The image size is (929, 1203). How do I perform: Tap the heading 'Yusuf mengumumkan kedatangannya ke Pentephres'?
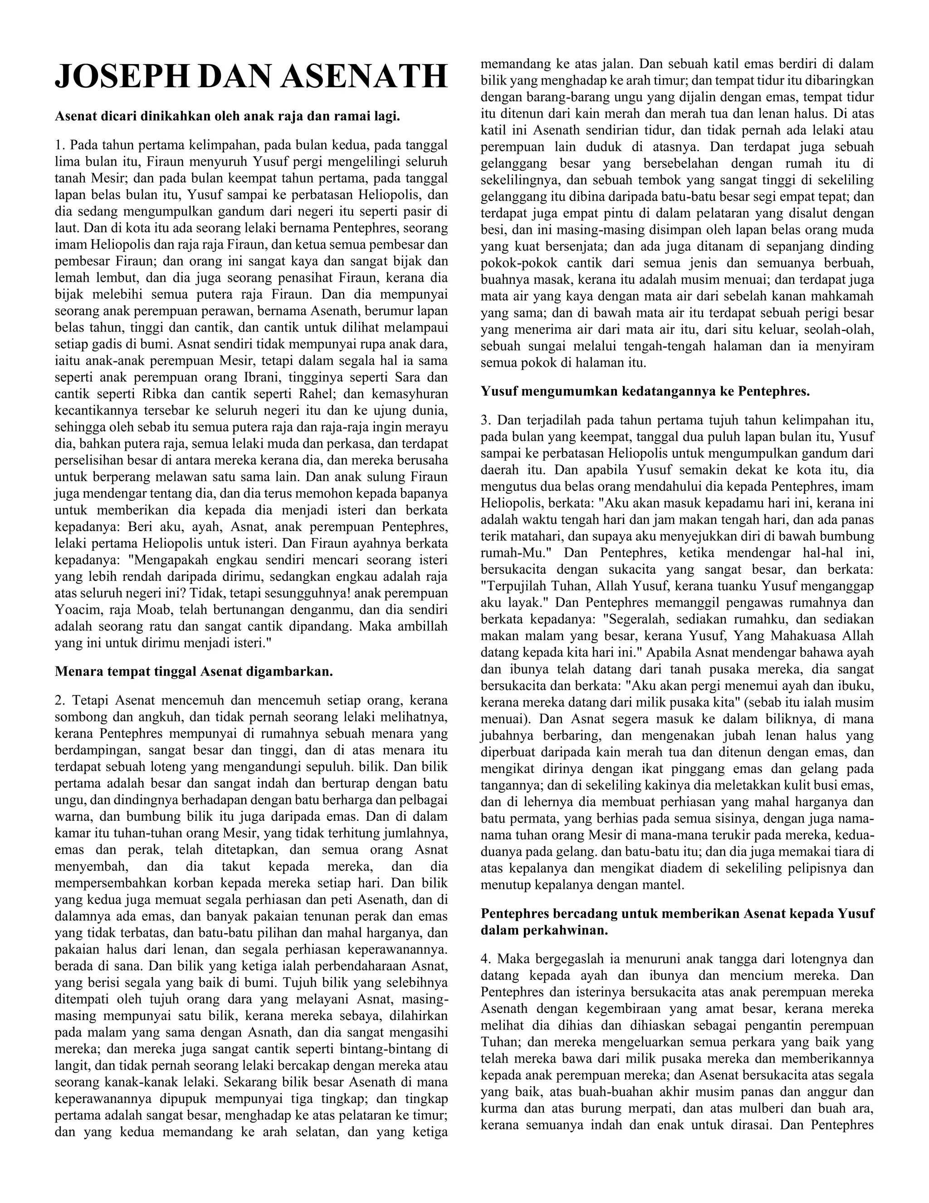pyautogui.click(x=645, y=392)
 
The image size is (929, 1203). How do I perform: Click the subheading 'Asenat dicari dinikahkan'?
pyautogui.click(x=227, y=117)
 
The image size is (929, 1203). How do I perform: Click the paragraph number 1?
pyautogui.click(x=60, y=145)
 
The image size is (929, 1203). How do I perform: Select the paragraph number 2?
pyautogui.click(x=60, y=700)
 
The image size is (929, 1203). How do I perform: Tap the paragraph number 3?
pyautogui.click(x=485, y=420)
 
